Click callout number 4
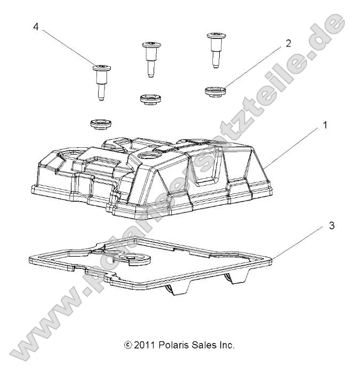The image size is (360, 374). coord(36,26)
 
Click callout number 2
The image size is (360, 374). coord(289,44)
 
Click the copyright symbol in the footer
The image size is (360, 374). coord(127,345)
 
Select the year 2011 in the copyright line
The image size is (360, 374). coord(145,345)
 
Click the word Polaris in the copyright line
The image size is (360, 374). coord(172,345)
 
